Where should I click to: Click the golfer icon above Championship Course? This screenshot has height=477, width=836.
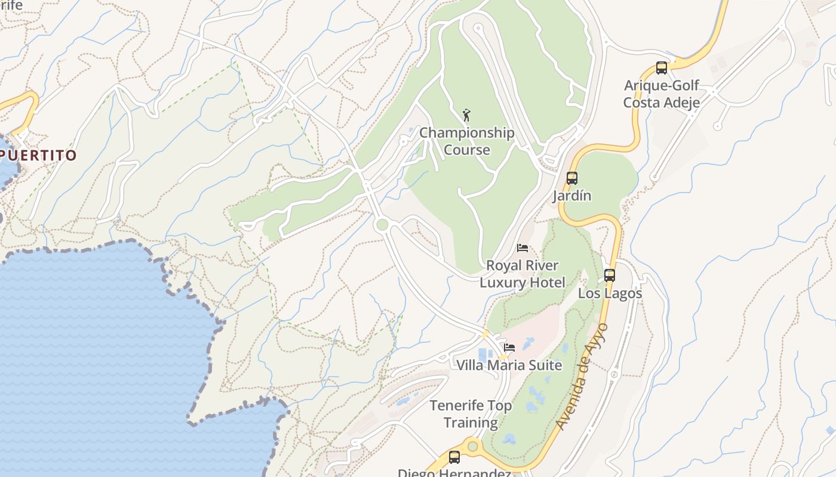click(466, 114)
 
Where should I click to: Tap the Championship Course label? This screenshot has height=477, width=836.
click(466, 141)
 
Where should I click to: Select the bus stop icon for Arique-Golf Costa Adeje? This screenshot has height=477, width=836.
click(661, 68)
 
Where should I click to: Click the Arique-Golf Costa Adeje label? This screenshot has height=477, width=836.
click(661, 94)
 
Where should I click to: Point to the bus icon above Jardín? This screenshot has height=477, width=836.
click(571, 178)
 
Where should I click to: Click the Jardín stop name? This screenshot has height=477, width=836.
click(571, 196)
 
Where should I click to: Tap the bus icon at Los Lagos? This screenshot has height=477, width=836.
click(609, 275)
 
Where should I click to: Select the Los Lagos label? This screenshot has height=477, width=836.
click(610, 293)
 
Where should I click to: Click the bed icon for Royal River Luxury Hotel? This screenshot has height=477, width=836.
click(522, 248)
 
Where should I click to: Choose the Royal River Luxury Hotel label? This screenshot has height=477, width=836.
click(522, 274)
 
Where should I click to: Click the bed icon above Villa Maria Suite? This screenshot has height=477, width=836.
click(509, 348)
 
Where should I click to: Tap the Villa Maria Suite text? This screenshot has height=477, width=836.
click(509, 365)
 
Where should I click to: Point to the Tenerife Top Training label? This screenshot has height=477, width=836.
click(471, 414)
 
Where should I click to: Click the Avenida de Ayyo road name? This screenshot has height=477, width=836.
click(581, 376)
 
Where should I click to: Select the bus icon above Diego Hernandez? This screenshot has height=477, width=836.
click(454, 457)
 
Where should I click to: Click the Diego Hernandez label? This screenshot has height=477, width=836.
click(454, 472)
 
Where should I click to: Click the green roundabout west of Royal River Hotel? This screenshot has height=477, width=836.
click(382, 225)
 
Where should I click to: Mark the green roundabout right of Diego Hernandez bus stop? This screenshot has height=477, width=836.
click(473, 446)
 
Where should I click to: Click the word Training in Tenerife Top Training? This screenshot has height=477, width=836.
click(471, 423)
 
